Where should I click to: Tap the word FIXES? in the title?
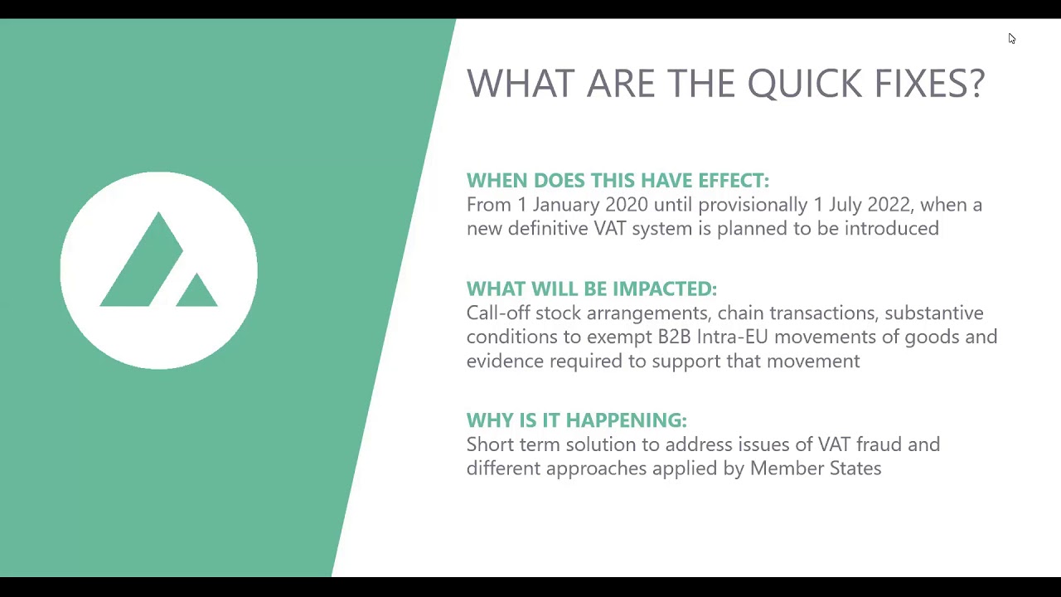(929, 84)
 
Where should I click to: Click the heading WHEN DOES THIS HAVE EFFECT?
(618, 181)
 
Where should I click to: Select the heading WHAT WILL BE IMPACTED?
(591, 289)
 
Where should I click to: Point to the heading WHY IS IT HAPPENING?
(576, 420)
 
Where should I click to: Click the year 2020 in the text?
(627, 205)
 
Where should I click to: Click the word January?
(566, 205)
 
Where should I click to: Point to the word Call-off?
(498, 313)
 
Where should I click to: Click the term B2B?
(674, 337)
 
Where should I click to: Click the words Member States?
(815, 469)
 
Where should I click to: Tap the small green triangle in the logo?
(196, 293)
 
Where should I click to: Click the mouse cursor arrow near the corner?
(1011, 39)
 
